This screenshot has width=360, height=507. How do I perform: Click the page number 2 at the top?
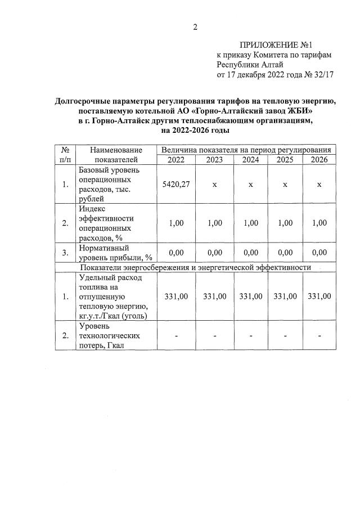[195, 27]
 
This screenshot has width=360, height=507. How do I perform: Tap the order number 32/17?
[322, 74]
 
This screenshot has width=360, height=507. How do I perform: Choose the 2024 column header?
[251, 160]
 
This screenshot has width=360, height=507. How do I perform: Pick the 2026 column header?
[318, 160]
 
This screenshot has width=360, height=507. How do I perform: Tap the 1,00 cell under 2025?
[285, 223]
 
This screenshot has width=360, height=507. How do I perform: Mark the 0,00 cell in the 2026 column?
[318, 253]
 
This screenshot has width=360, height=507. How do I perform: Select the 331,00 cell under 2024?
[251, 297]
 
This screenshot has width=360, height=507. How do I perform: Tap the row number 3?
[65, 253]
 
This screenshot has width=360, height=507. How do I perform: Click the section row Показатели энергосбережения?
[196, 267]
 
